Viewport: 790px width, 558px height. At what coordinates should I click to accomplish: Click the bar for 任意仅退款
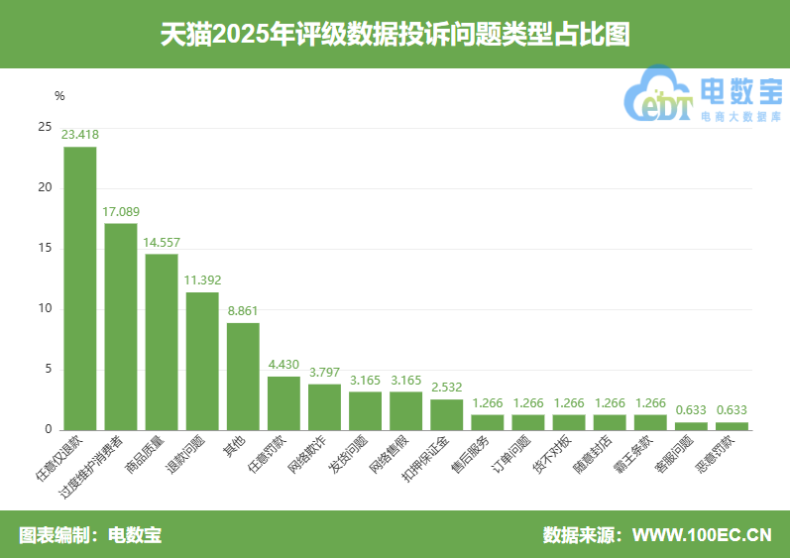[80, 288]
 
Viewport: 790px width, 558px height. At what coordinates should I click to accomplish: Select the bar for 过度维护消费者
[121, 327]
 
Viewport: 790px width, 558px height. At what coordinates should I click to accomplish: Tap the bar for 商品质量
[162, 342]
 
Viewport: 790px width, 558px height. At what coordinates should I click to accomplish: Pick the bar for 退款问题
[202, 361]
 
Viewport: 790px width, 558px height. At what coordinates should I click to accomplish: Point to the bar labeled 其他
[243, 377]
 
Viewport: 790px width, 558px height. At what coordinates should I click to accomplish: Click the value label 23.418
[80, 134]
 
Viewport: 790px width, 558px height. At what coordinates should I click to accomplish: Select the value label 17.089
[121, 211]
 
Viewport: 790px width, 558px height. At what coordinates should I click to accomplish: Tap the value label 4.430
[283, 364]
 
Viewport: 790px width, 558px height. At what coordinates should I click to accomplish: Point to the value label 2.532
[446, 387]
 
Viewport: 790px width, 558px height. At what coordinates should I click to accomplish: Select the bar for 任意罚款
[283, 403]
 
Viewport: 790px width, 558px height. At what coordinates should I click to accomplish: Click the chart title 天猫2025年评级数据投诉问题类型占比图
[395, 34]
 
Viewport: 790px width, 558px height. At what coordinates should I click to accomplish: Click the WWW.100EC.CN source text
[702, 535]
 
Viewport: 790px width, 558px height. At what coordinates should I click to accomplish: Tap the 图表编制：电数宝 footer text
[90, 535]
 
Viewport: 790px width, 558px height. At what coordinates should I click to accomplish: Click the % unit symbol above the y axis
[59, 96]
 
